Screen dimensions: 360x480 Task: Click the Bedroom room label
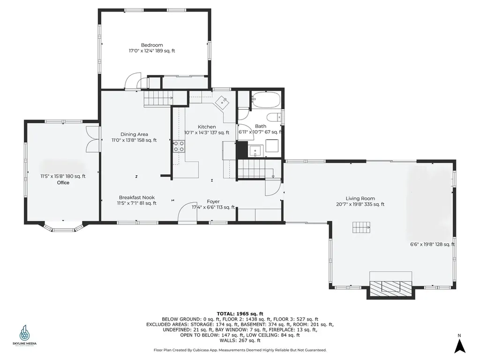[152, 45]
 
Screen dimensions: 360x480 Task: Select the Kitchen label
[207, 127]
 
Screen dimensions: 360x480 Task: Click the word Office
[63, 183]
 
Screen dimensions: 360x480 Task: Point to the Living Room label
[360, 198]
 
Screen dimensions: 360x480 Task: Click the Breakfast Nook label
[136, 197]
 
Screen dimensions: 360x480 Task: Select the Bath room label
[260, 126]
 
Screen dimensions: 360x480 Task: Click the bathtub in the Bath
[266, 100]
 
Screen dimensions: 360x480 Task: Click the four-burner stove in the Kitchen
[179, 147]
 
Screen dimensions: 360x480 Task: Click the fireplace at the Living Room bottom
[391, 286]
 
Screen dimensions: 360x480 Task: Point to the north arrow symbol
[460, 345]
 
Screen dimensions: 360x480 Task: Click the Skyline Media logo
[24, 335]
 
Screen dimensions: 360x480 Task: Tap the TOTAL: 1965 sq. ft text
[240, 314]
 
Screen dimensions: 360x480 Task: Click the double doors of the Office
[93, 138]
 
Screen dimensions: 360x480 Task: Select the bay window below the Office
[63, 228]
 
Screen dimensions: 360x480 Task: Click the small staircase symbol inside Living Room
[361, 228]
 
